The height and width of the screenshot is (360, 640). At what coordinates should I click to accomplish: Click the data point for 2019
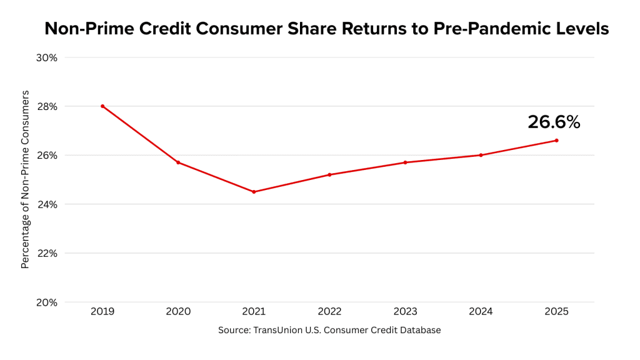click(102, 106)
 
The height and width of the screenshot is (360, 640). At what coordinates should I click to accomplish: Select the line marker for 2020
click(178, 162)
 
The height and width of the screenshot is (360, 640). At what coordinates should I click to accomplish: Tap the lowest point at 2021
click(254, 192)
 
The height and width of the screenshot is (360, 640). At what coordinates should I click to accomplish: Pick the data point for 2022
click(329, 174)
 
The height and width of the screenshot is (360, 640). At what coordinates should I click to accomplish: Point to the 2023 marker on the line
click(405, 162)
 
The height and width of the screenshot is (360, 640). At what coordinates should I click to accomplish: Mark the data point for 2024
click(481, 155)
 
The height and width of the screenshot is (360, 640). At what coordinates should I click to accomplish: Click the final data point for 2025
click(556, 141)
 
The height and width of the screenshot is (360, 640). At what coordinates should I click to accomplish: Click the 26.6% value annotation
click(554, 122)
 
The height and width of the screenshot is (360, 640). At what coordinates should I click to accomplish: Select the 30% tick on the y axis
click(47, 57)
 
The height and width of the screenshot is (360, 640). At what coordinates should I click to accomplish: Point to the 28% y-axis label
click(47, 106)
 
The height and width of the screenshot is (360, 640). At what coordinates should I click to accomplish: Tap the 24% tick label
click(47, 204)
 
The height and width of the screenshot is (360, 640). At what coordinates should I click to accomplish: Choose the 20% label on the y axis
click(47, 302)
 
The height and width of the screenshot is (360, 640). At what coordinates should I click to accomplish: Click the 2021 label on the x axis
click(254, 311)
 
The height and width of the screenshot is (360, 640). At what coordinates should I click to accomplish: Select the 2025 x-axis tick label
click(556, 311)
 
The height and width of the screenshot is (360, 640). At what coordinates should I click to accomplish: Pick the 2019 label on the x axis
click(102, 311)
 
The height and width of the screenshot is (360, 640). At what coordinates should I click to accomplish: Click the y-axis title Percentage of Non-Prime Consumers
click(25, 179)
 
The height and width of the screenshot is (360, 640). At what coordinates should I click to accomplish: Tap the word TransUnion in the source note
click(274, 330)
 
